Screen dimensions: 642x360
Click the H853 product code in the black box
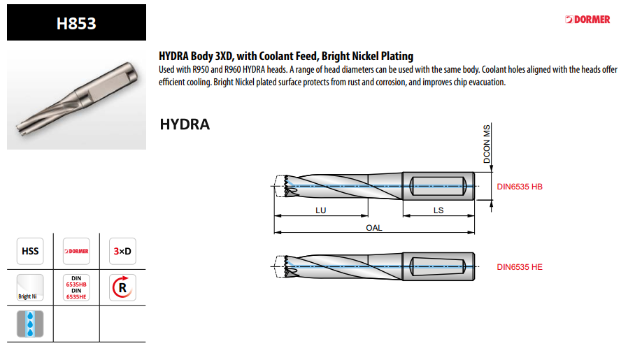click(76, 23)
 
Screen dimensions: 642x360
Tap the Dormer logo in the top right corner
click(587, 20)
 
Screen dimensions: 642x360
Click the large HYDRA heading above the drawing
click(185, 124)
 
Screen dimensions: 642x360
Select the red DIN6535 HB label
click(519, 187)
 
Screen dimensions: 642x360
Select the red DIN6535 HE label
click(519, 267)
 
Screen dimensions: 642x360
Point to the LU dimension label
click(320, 210)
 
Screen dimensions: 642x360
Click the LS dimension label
click(438, 210)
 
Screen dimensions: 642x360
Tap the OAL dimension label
click(374, 228)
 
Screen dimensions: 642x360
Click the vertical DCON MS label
click(487, 144)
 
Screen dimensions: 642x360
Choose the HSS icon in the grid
click(30, 251)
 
